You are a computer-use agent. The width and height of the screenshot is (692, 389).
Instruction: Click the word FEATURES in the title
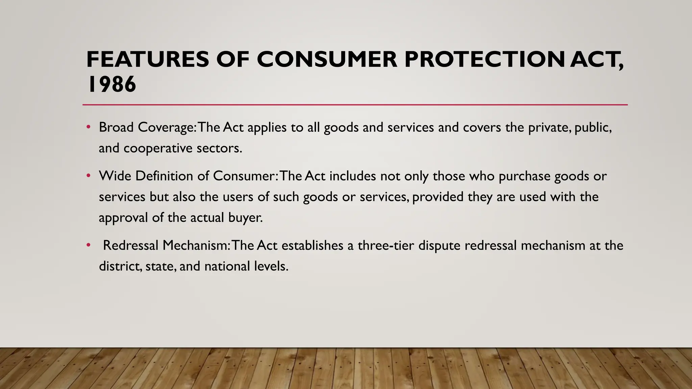pos(148,59)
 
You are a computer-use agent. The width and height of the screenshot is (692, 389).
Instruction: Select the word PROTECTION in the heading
pos(484,59)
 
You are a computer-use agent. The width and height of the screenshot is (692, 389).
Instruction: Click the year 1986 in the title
pos(112,84)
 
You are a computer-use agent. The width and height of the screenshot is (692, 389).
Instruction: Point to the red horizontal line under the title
pos(355,105)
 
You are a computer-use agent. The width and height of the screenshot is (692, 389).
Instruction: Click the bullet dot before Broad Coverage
pos(89,127)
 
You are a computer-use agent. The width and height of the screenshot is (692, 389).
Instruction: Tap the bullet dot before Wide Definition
pos(89,176)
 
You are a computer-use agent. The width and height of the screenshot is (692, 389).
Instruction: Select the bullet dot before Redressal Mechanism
pos(89,245)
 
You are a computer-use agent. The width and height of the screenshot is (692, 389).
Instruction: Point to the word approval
pos(123,218)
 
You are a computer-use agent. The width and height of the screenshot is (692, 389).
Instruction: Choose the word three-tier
pos(386,245)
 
